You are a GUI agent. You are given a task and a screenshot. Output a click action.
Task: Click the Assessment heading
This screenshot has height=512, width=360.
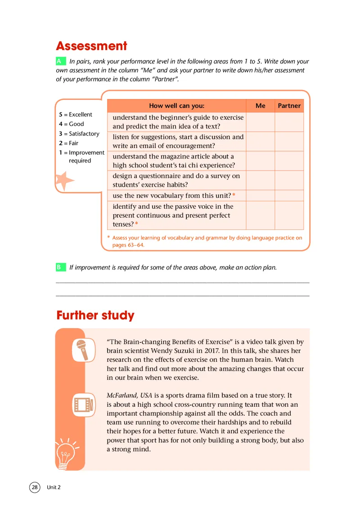pos(91,46)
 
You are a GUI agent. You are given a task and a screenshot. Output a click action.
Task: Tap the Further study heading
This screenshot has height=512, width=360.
pos(95,315)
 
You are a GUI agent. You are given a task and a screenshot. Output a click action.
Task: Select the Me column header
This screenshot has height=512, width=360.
pos(260,106)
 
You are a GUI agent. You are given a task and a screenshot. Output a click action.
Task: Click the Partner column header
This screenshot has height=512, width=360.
pos(289,106)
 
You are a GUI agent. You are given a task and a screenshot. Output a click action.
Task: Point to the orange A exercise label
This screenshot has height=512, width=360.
pos(59,61)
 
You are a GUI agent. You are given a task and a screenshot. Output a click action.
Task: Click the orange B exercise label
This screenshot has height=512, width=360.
pos(59,267)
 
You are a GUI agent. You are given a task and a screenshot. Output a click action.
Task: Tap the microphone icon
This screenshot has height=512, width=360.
pos(83,350)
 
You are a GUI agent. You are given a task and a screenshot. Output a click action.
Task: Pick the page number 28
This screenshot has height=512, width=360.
pos(35,487)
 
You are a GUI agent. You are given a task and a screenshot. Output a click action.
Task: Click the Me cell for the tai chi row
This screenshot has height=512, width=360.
pos(260,161)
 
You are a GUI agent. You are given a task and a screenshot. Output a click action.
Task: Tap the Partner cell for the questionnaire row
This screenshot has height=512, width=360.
pos(289,180)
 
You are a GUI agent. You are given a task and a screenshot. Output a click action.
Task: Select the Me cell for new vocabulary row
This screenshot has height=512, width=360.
pos(260,195)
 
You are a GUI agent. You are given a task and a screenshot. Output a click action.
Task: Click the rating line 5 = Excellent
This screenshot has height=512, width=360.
pos(76,115)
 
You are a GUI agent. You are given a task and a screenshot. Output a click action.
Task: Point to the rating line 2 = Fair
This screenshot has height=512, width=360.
pos(68,143)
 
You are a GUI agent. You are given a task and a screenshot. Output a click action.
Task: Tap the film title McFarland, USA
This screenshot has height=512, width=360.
pos(130,395)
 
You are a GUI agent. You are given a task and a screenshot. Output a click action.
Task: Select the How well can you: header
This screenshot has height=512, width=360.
pos(176,106)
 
